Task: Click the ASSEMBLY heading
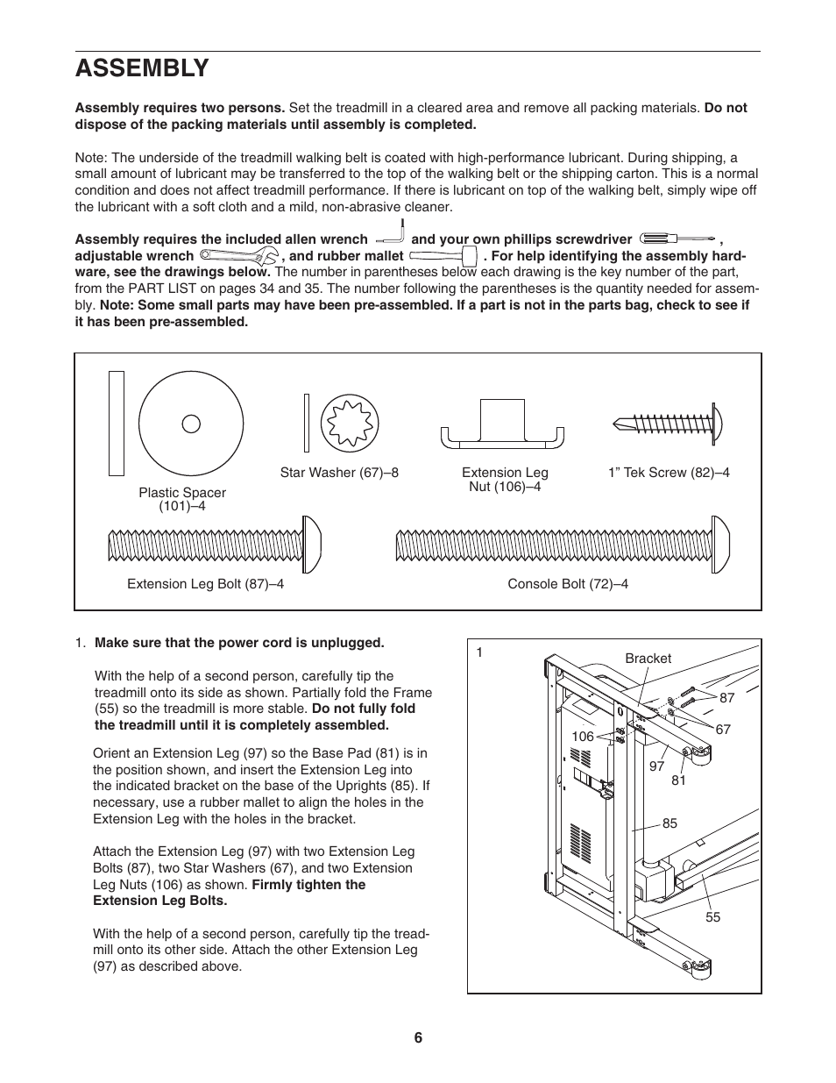(142, 68)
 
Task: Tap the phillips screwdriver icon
(678, 239)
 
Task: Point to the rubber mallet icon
(443, 256)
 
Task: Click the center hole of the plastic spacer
(191, 424)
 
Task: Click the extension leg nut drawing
(502, 426)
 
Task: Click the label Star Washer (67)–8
(339, 473)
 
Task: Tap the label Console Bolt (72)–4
(568, 584)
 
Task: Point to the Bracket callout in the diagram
(648, 659)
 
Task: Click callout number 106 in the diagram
(583, 737)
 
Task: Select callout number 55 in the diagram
(712, 917)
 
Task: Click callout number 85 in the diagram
(670, 824)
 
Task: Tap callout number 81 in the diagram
(678, 780)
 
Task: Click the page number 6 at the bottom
(418, 1038)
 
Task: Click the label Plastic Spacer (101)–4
(182, 500)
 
